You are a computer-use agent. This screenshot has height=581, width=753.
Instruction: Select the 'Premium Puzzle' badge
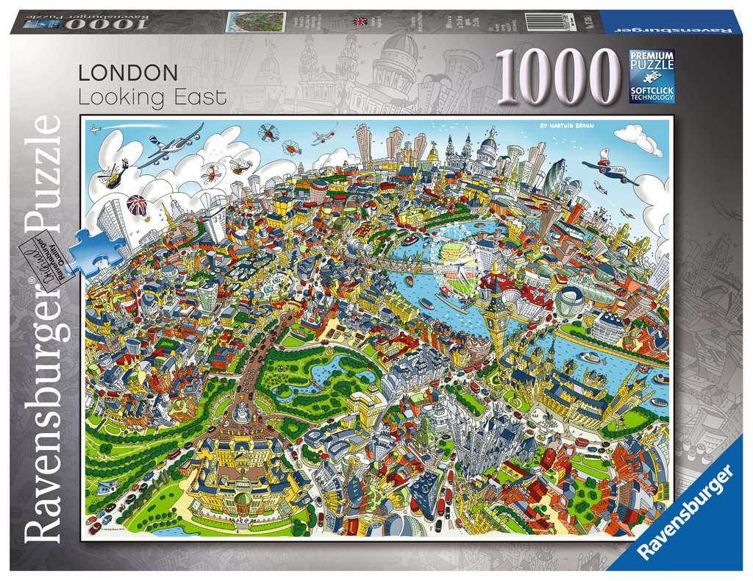point(650,63)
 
